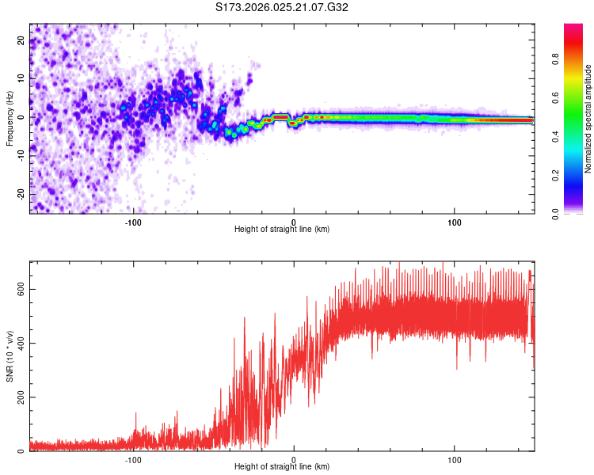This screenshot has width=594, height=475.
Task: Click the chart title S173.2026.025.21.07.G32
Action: click(x=282, y=8)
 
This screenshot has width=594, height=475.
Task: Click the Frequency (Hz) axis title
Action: click(x=10, y=119)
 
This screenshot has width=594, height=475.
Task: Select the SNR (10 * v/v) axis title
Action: click(x=10, y=355)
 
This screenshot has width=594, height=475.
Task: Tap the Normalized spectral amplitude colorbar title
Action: click(x=588, y=119)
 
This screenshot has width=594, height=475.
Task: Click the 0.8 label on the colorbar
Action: click(x=577, y=59)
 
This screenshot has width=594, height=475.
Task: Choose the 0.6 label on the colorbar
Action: click(x=577, y=97)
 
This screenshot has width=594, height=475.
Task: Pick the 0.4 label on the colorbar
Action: click(x=577, y=136)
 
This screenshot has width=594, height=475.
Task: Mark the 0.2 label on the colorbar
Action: click(x=577, y=175)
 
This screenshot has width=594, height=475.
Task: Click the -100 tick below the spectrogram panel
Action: click(x=132, y=222)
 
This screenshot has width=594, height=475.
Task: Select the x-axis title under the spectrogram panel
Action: click(x=282, y=230)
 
